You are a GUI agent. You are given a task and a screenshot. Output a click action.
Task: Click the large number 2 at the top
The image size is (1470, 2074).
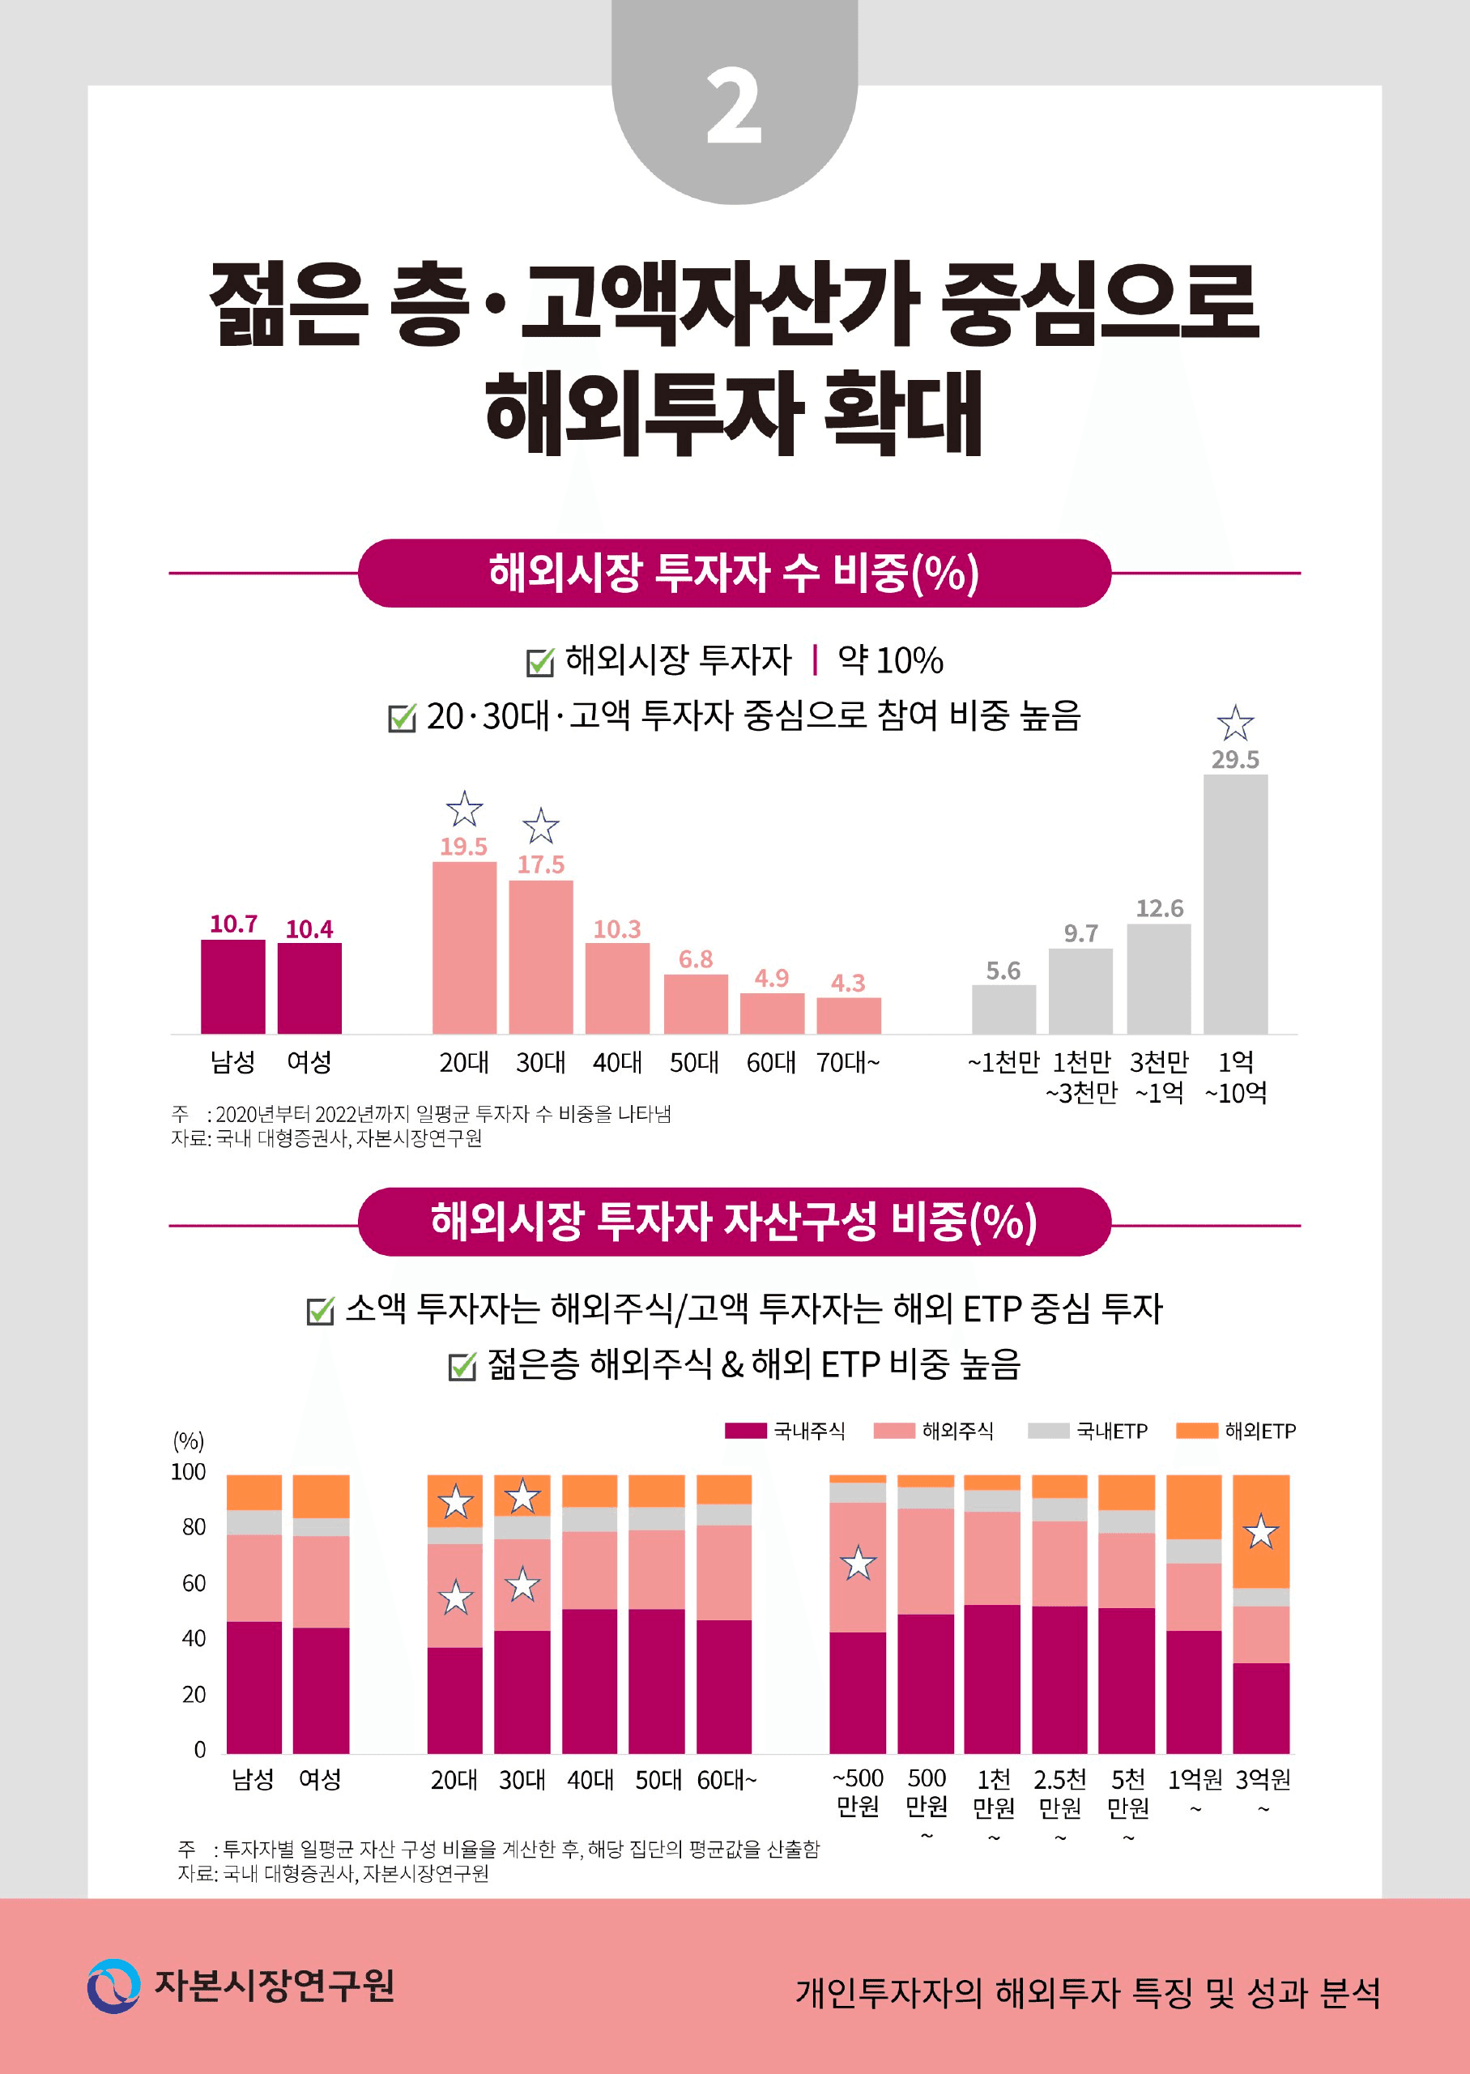(734, 108)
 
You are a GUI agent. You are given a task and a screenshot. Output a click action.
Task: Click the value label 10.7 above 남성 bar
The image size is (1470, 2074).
(233, 924)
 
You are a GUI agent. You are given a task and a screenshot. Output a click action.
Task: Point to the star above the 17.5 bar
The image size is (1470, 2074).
(540, 826)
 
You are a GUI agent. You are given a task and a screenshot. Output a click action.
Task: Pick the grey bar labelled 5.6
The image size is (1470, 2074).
(1003, 1009)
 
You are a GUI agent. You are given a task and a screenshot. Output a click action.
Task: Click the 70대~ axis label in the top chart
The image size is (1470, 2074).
(847, 1062)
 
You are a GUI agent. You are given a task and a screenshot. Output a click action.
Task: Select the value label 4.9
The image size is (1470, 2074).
(771, 978)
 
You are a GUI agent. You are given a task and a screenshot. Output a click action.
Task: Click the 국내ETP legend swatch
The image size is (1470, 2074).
(1048, 1431)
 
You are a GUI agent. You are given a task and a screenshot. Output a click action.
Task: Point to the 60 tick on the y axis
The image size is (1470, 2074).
(194, 1582)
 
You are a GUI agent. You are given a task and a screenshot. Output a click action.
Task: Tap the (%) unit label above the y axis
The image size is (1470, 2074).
(188, 1440)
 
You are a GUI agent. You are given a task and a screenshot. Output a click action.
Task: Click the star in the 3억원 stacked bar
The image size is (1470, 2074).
(1261, 1532)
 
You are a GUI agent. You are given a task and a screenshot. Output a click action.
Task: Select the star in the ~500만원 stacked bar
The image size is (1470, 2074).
(858, 1564)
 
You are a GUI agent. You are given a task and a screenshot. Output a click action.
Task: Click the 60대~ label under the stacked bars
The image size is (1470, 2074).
(726, 1780)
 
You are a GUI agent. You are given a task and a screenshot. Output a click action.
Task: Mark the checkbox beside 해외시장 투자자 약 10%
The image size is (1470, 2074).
(539, 662)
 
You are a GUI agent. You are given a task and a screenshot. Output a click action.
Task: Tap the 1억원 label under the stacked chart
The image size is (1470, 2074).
(1194, 1780)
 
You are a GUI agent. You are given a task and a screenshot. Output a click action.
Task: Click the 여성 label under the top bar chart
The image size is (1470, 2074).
(309, 1062)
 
